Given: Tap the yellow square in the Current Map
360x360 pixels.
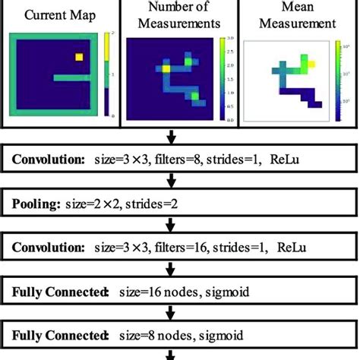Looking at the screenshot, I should (78, 56).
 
